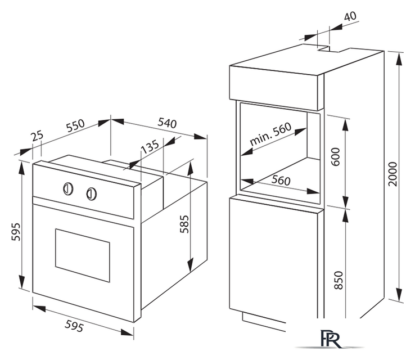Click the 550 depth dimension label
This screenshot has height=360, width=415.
pyautogui.click(x=76, y=125)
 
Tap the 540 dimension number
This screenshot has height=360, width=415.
pyautogui.click(x=167, y=123)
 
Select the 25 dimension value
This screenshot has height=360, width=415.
pyautogui.click(x=37, y=136)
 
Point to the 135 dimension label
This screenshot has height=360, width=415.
pyautogui.click(x=150, y=146)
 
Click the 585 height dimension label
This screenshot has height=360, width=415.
pyautogui.click(x=184, y=224)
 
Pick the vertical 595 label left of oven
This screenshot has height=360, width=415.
pyautogui.click(x=16, y=232)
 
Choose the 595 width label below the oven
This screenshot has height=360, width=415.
pyautogui.click(x=74, y=326)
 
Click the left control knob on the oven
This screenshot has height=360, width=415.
pyautogui.click(x=68, y=189)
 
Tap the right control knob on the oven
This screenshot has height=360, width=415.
pyautogui.click(x=91, y=193)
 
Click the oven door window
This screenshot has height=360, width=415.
pyautogui.click(x=82, y=255)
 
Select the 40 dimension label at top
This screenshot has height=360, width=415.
pyautogui.click(x=350, y=16)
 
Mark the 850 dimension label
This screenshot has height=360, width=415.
pyautogui.click(x=339, y=280)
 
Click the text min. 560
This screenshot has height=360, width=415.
pyautogui.click(x=270, y=134)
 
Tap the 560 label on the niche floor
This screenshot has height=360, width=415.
pyautogui.click(x=281, y=180)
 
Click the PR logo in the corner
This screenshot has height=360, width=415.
pyautogui.click(x=331, y=339)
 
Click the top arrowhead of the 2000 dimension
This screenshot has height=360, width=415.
pyautogui.click(x=399, y=58)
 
